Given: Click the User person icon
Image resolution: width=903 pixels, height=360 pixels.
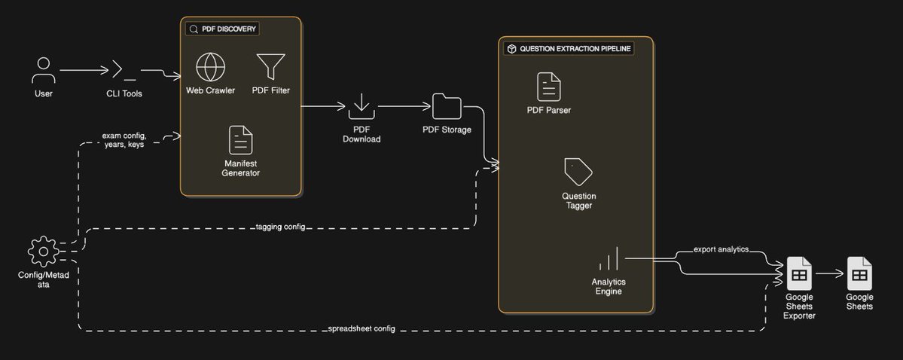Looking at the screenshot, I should pyautogui.click(x=43, y=70).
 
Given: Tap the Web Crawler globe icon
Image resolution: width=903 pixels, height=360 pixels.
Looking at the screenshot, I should pyautogui.click(x=210, y=68).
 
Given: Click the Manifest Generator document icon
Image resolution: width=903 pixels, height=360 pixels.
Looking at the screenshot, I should pyautogui.click(x=240, y=140).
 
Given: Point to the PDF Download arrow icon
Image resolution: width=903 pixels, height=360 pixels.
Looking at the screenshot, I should pyautogui.click(x=362, y=106).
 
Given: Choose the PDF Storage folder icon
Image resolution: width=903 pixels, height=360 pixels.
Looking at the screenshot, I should pyautogui.click(x=447, y=106).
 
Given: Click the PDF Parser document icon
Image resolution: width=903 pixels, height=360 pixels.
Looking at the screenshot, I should pyautogui.click(x=548, y=87).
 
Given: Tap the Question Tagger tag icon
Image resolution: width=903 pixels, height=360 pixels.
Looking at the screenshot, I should pyautogui.click(x=578, y=172).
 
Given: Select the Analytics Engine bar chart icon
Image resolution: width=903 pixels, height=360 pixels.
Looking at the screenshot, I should pyautogui.click(x=609, y=259).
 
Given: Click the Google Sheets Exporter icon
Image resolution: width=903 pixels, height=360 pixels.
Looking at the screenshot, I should pyautogui.click(x=798, y=273).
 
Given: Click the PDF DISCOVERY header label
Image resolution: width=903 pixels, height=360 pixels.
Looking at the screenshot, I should pyautogui.click(x=222, y=29).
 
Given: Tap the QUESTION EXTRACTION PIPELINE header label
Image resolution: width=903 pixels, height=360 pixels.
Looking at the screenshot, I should pyautogui.click(x=568, y=48).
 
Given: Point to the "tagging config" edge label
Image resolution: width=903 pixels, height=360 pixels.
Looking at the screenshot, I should pyautogui.click(x=280, y=227).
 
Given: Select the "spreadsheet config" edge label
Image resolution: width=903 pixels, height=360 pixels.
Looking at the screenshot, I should pyautogui.click(x=362, y=329).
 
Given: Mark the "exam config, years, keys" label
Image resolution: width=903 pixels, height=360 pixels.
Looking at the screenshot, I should pyautogui.click(x=124, y=140).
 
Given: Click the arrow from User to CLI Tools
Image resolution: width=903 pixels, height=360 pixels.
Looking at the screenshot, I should pyautogui.click(x=84, y=71).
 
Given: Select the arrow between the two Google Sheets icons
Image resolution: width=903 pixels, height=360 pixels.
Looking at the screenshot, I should pyautogui.click(x=829, y=274).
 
